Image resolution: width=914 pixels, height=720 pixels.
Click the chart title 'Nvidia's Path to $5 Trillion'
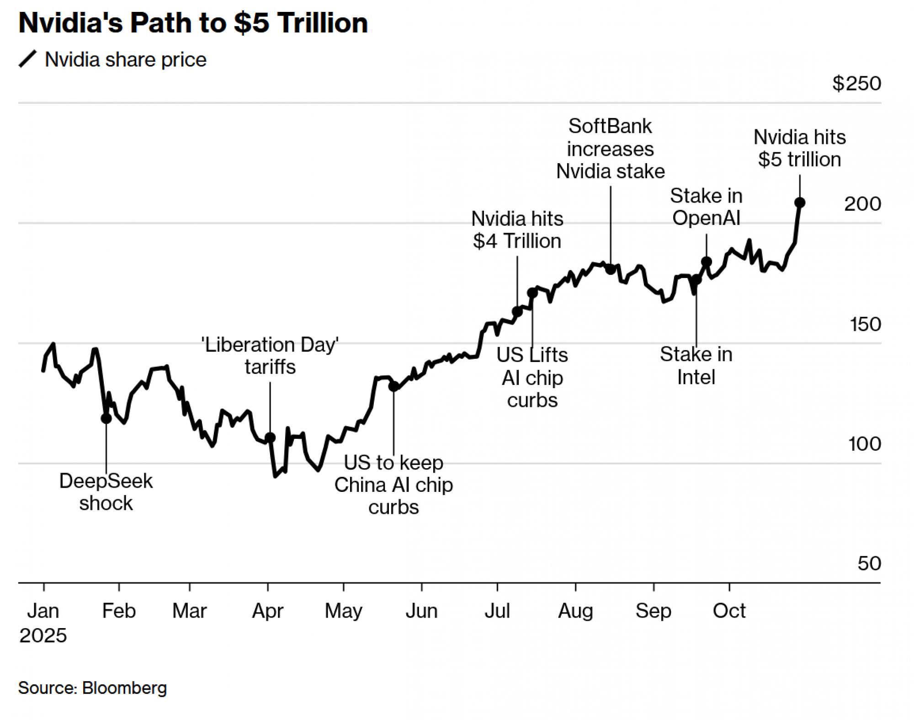193,23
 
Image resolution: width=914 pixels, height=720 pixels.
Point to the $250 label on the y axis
856,84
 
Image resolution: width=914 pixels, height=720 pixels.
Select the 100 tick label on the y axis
864,444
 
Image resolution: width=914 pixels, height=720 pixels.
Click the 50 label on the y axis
869,563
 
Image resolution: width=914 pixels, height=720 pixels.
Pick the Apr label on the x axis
268,611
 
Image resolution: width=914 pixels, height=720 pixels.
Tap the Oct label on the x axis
729,611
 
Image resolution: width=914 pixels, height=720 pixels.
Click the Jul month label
497,611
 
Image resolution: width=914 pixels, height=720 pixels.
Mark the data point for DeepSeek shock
106,418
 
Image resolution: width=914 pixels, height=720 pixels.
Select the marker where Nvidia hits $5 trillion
799,203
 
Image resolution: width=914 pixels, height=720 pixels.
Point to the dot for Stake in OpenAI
706,262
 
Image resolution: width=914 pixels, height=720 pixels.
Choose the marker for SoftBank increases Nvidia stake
611,269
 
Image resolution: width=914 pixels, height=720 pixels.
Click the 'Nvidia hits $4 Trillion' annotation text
517,230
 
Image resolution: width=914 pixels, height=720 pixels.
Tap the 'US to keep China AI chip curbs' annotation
393,485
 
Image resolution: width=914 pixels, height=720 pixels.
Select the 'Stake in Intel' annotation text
696,366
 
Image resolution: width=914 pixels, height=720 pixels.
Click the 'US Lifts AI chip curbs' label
532,378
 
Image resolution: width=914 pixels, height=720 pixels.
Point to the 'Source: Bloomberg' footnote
92,688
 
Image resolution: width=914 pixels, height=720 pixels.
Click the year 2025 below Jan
43,635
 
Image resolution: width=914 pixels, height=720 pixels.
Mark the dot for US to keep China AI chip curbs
393,386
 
